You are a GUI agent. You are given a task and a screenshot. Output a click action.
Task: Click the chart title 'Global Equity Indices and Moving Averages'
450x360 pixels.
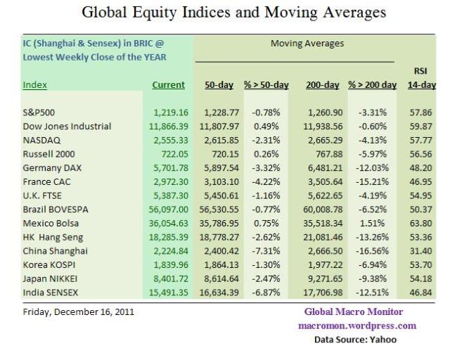point(234,12)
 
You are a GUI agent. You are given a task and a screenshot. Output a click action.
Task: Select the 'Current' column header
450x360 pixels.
point(168,85)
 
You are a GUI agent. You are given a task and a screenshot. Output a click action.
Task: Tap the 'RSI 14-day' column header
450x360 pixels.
point(422,78)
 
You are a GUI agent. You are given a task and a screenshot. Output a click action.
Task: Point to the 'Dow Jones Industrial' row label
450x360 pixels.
point(67,127)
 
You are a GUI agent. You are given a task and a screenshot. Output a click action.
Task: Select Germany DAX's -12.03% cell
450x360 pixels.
point(373,167)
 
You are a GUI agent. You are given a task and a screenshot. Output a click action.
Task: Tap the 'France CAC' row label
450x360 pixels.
point(49,181)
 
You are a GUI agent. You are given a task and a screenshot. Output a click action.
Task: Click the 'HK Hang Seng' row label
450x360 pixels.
point(54,236)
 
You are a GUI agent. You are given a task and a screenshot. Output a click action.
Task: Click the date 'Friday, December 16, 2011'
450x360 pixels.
point(79,311)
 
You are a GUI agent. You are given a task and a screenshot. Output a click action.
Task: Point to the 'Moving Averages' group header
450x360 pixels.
point(307,44)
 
